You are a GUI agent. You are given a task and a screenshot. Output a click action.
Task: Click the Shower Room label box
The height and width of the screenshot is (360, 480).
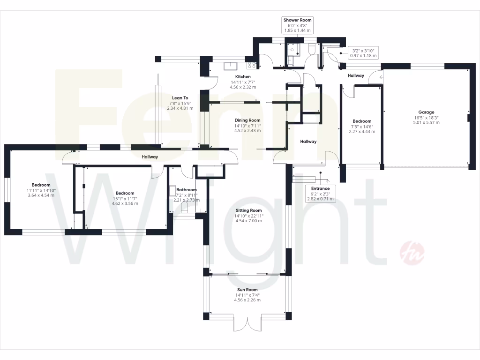[x=297, y=25]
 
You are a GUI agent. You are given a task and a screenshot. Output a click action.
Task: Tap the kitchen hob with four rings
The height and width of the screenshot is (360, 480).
[x=251, y=66]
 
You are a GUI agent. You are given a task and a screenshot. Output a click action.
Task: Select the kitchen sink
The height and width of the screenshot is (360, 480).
[x=231, y=66]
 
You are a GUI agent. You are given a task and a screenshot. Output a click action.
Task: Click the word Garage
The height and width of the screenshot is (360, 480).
[x=426, y=112]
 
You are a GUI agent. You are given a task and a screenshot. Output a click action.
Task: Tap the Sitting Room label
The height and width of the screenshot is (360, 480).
[x=249, y=210]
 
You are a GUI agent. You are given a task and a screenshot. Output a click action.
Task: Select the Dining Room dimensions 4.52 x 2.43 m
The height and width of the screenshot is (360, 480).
[x=247, y=131]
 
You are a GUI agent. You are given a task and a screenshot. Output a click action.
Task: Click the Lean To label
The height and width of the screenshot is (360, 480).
[x=180, y=98]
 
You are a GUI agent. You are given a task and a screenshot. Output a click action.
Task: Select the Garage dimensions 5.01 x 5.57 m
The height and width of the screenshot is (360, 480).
[x=426, y=123]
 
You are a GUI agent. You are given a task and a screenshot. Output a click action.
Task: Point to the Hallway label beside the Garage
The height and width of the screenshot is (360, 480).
[x=356, y=75]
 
